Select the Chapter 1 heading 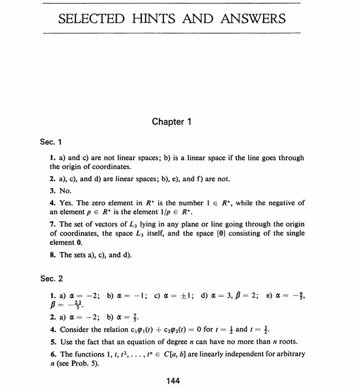(x=171, y=122)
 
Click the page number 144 (x=172, y=380)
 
